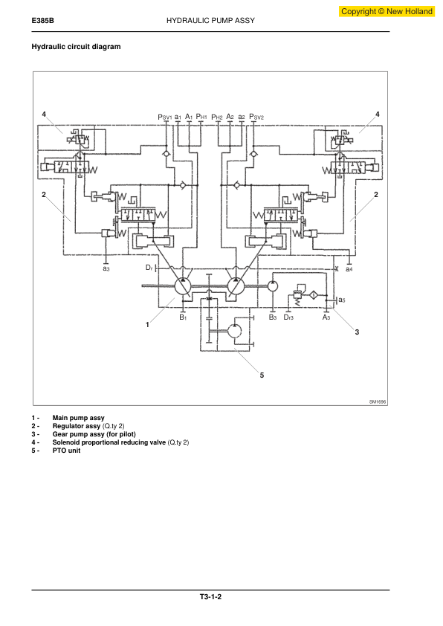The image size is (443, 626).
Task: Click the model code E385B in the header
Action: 42,21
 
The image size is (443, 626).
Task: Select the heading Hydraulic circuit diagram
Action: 76,47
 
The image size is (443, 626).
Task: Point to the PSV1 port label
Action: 164,117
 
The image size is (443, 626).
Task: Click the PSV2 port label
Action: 256,117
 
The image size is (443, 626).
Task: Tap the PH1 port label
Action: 201,117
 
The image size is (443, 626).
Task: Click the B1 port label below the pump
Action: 183,317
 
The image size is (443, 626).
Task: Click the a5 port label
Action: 341,300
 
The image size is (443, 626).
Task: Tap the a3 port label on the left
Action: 106,268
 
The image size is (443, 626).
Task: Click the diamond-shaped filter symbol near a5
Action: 314,295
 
